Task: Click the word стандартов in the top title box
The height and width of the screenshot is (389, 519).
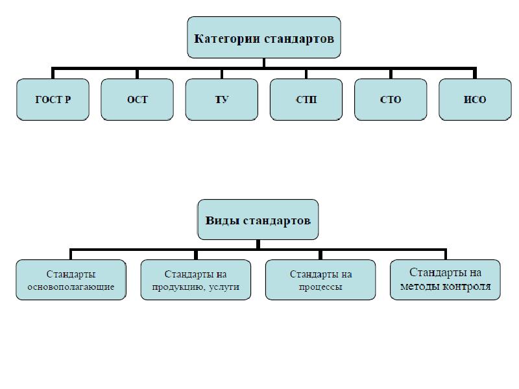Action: click(x=299, y=39)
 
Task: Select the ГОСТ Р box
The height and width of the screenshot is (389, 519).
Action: click(x=53, y=100)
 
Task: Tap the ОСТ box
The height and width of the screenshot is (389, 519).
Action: click(x=137, y=100)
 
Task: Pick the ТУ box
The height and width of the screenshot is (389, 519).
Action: click(x=222, y=100)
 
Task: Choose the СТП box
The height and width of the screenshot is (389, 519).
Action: click(x=306, y=100)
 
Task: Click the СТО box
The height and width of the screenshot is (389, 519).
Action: click(x=391, y=100)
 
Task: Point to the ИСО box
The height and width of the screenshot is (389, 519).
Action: click(x=475, y=100)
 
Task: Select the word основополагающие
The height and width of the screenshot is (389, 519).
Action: click(x=71, y=287)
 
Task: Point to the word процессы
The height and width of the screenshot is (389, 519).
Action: click(x=320, y=287)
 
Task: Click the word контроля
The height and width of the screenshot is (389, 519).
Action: click(x=467, y=287)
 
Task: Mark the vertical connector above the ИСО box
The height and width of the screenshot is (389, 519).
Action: click(x=475, y=73)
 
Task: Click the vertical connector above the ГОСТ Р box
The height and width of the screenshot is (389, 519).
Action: click(x=53, y=73)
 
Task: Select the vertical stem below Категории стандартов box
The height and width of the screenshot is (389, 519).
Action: click(x=264, y=63)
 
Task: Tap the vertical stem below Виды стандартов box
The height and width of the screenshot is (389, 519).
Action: click(x=258, y=244)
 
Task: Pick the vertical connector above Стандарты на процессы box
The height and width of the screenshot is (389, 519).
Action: click(x=320, y=254)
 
